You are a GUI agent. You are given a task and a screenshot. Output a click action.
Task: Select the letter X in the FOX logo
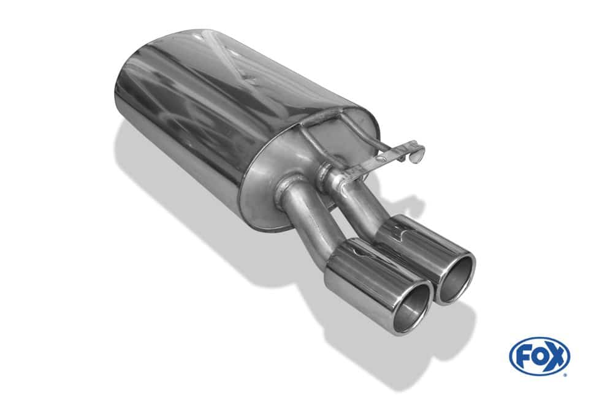(557, 356)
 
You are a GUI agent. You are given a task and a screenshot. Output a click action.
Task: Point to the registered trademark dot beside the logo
(564, 375)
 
